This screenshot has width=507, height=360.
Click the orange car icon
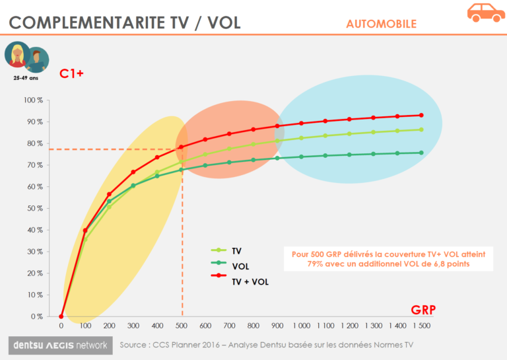(x=485, y=12)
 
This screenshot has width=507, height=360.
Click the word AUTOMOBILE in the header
(x=381, y=24)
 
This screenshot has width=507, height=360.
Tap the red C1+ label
(x=71, y=74)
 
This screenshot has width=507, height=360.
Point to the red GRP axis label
(x=423, y=308)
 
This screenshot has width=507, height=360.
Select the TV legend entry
(x=236, y=250)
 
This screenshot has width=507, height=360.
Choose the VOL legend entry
(x=239, y=266)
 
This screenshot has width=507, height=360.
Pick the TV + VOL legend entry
(x=250, y=281)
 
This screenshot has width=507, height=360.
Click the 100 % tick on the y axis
(x=33, y=100)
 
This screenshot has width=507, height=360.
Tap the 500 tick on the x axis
(x=182, y=326)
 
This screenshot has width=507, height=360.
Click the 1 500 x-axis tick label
(x=421, y=326)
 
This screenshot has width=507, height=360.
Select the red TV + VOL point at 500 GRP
(x=182, y=147)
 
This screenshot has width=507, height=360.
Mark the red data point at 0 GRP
(x=61, y=316)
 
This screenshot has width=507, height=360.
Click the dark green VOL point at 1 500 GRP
(x=421, y=153)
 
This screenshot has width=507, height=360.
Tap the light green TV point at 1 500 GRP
(x=421, y=129)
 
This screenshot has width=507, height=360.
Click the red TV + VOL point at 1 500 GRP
(x=421, y=116)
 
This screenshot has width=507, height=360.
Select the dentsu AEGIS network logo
(x=59, y=345)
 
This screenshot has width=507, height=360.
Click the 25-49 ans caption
(x=26, y=77)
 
